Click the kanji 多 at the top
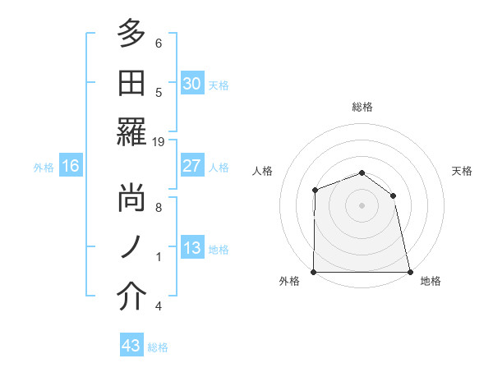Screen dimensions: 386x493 (x=131, y=34)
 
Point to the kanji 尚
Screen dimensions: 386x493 (x=131, y=200)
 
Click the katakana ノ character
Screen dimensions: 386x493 (x=131, y=249)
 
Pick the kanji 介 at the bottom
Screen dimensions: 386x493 (x=131, y=298)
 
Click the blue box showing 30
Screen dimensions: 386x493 (x=191, y=84)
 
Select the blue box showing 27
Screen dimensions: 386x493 (x=191, y=166)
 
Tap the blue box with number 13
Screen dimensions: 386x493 (x=191, y=249)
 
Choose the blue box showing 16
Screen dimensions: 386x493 (x=71, y=167)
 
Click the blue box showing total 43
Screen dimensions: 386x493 (x=131, y=346)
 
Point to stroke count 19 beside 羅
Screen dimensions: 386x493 (x=159, y=142)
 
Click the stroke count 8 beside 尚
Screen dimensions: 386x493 (x=159, y=208)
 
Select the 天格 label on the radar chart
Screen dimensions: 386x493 (x=463, y=171)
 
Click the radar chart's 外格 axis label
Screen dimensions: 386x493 (x=289, y=281)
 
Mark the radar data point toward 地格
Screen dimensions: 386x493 (x=410, y=272)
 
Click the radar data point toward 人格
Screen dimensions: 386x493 (x=316, y=191)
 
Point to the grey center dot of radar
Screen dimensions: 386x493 (x=362, y=205)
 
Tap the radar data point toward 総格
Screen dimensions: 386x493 (x=362, y=173)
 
